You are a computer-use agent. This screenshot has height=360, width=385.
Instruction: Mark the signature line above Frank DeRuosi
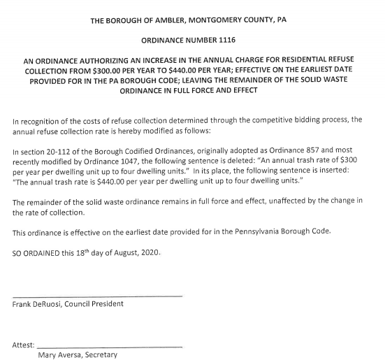point(97,296)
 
